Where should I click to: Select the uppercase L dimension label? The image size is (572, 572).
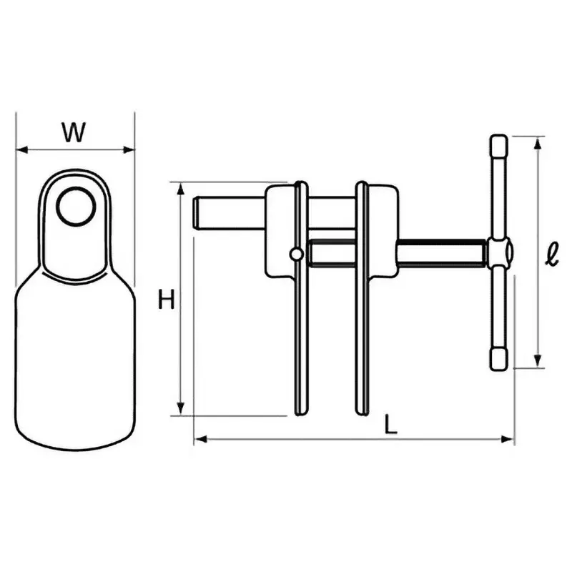390,424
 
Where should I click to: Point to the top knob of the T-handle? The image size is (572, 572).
498,147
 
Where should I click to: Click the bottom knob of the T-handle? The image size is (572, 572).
498,359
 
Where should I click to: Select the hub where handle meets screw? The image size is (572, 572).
499,252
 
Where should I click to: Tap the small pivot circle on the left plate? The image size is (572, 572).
297,253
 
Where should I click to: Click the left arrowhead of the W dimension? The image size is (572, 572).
20,150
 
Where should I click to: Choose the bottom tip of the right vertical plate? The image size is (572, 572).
363,412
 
